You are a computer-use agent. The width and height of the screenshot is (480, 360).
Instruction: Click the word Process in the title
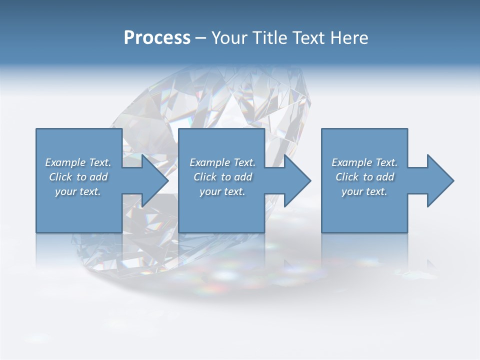[x=157, y=38]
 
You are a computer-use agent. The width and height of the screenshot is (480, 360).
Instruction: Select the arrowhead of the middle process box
[x=296, y=180]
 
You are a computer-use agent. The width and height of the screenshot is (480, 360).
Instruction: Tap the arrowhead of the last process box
[x=439, y=180]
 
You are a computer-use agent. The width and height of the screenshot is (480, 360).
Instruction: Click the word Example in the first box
[x=65, y=162]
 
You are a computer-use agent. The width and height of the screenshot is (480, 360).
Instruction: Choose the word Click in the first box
[x=61, y=177]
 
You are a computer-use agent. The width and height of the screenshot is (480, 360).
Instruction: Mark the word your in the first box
[x=65, y=191]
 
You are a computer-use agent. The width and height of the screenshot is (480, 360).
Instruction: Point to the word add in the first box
[x=98, y=177]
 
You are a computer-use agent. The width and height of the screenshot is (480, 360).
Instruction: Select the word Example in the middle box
[x=209, y=162]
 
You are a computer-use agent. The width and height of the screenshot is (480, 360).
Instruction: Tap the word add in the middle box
[x=243, y=177]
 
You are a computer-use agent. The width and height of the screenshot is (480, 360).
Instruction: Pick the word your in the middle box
[x=209, y=191]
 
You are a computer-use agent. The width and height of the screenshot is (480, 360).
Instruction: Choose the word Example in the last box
[x=351, y=162]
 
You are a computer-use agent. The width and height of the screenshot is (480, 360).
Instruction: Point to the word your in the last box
[x=351, y=191]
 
